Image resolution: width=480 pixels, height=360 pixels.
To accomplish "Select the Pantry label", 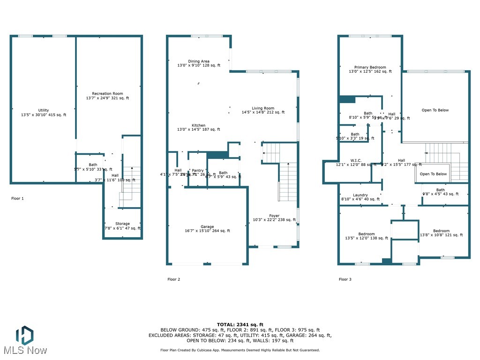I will pyautogui.click(x=198, y=171).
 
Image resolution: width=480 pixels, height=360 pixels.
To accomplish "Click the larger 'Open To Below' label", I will pyautogui.click(x=435, y=110).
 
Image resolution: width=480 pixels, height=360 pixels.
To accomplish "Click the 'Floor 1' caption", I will pyautogui.click(x=17, y=198).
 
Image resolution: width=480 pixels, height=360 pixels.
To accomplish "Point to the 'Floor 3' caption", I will pyautogui.click(x=345, y=279).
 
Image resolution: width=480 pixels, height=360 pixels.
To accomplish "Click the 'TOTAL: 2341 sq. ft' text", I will pyautogui.click(x=240, y=324).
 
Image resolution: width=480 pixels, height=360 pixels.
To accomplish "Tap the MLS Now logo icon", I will pyautogui.click(x=24, y=336).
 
